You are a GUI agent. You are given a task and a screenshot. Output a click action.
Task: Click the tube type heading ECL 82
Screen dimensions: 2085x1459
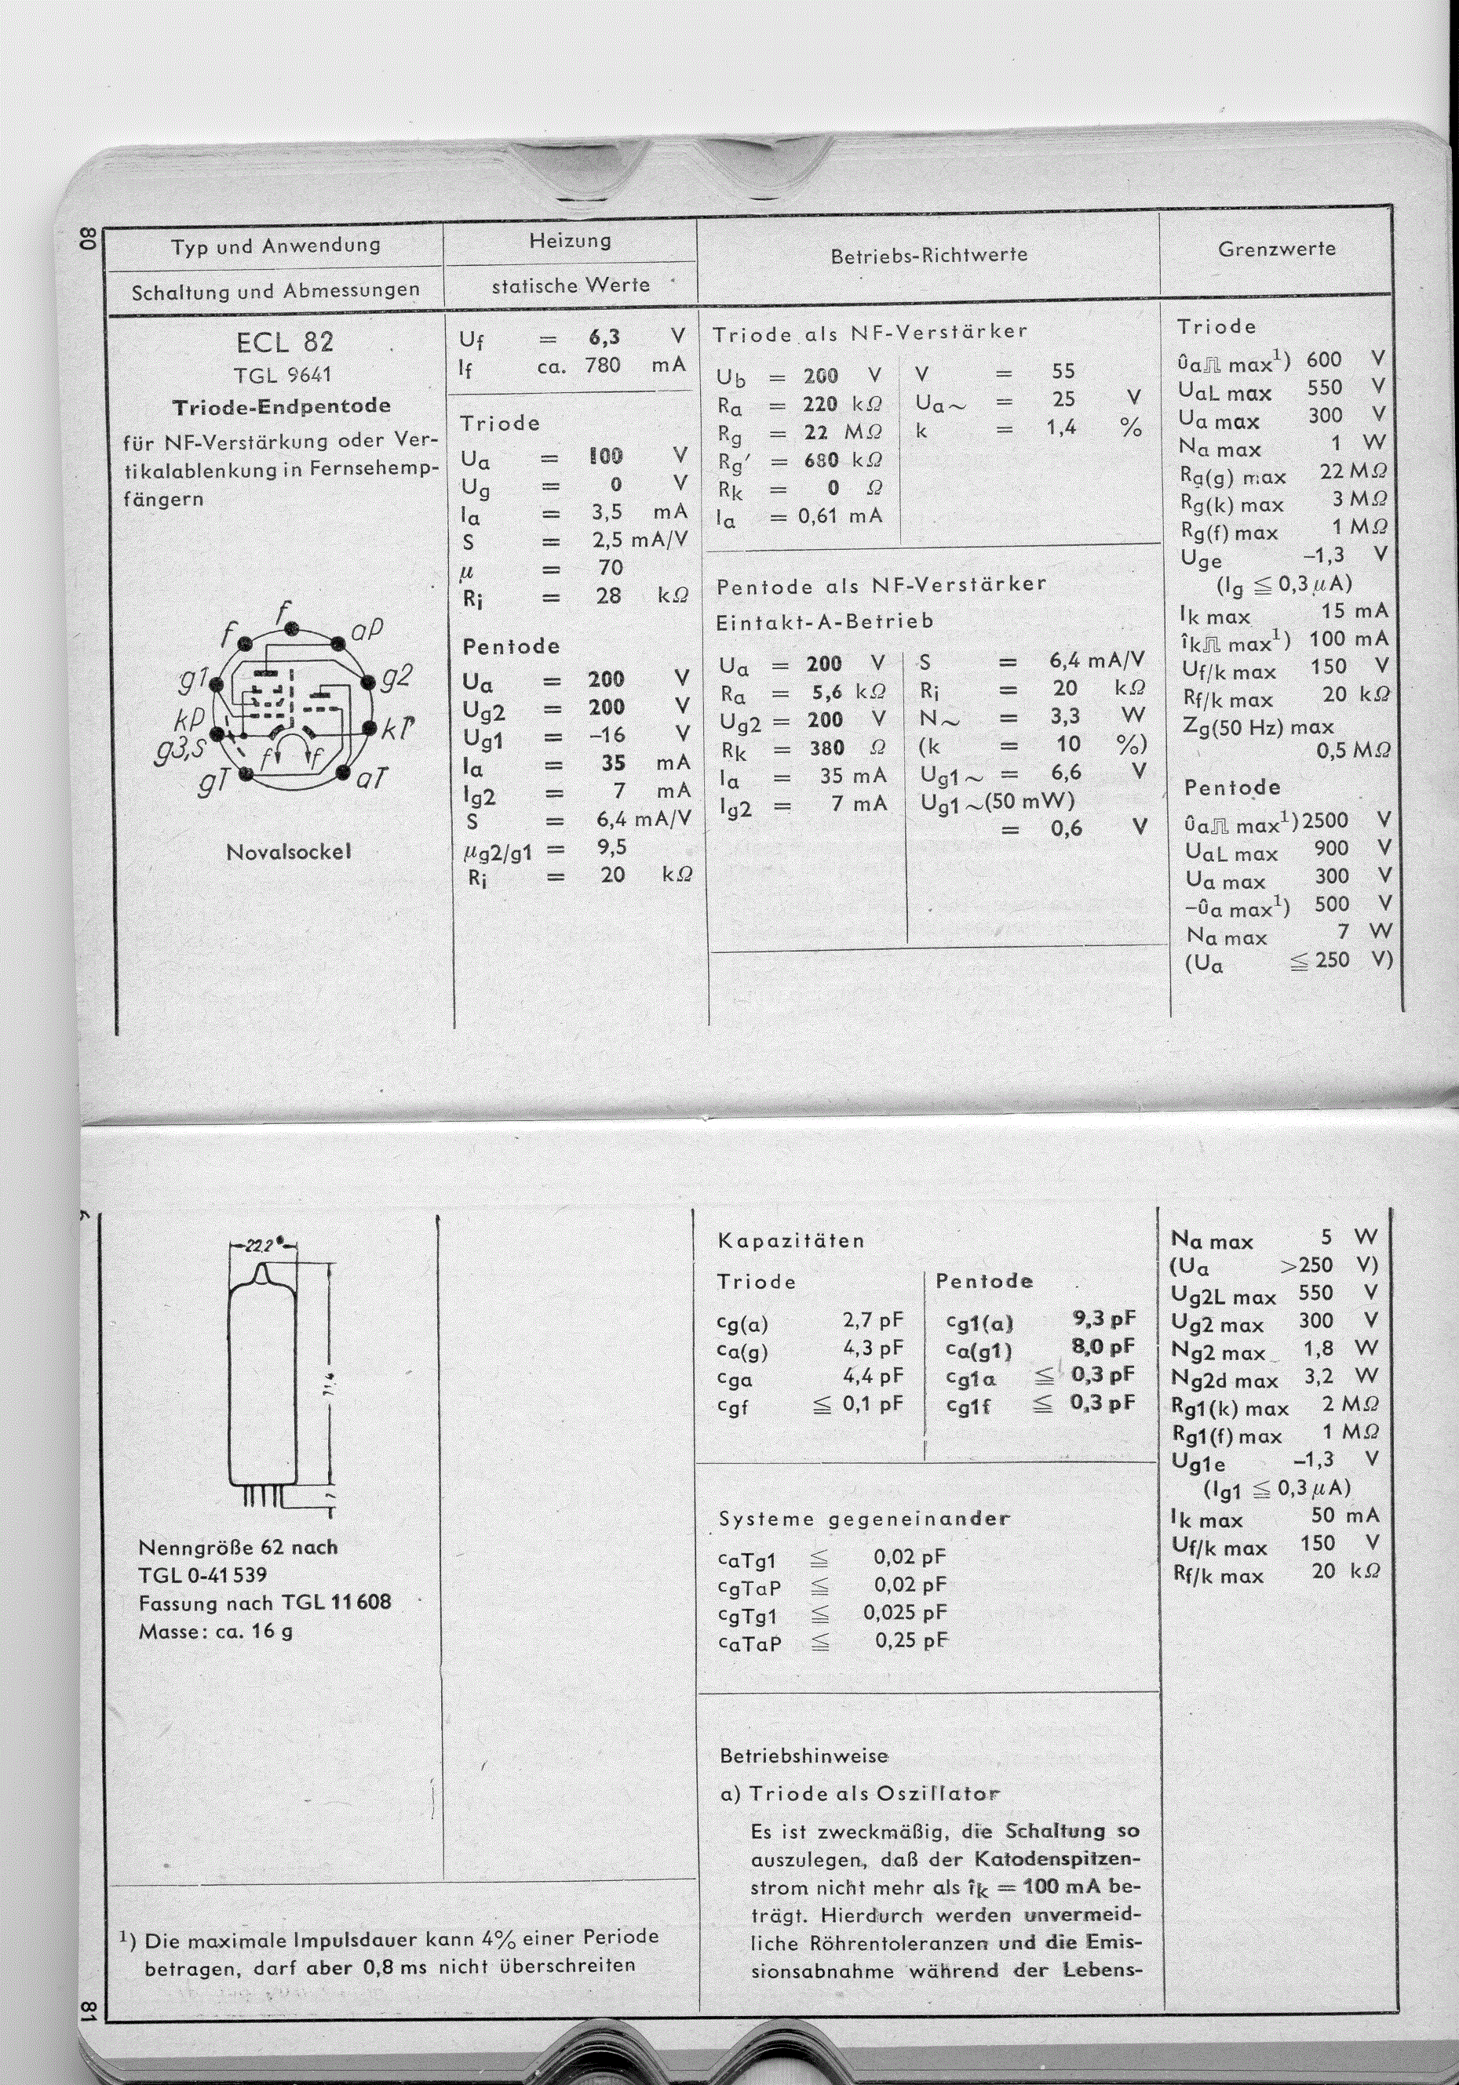(x=284, y=342)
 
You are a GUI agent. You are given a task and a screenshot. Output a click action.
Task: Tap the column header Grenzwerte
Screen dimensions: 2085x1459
(x=1276, y=249)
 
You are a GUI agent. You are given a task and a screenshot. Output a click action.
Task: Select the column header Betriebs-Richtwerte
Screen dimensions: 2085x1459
(x=928, y=255)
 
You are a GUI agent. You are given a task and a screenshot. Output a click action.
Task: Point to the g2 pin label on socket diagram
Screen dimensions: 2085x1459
(x=397, y=676)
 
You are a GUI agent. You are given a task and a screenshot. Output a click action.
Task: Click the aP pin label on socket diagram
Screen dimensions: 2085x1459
(x=367, y=630)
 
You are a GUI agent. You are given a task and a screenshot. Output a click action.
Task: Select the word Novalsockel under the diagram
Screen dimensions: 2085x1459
(x=288, y=853)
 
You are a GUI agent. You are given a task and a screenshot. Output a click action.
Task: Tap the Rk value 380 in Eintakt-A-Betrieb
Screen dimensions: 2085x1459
(x=826, y=748)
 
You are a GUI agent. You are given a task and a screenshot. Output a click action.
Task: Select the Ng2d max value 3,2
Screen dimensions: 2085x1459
(x=1319, y=1376)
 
